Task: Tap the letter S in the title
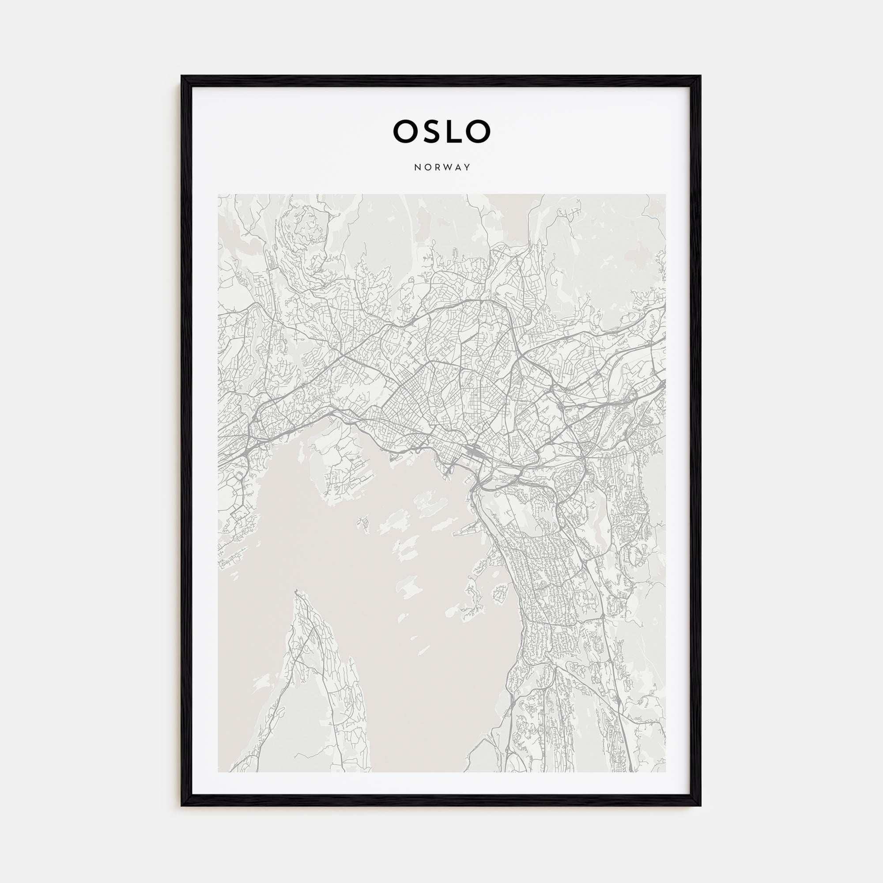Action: point(431,131)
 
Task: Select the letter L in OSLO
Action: point(454,131)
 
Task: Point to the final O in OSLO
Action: point(478,131)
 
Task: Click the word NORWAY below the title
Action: point(442,167)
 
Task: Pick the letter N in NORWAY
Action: point(417,167)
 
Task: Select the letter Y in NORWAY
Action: point(468,167)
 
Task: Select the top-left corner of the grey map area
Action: point(218,194)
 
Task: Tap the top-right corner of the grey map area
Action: point(665,194)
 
